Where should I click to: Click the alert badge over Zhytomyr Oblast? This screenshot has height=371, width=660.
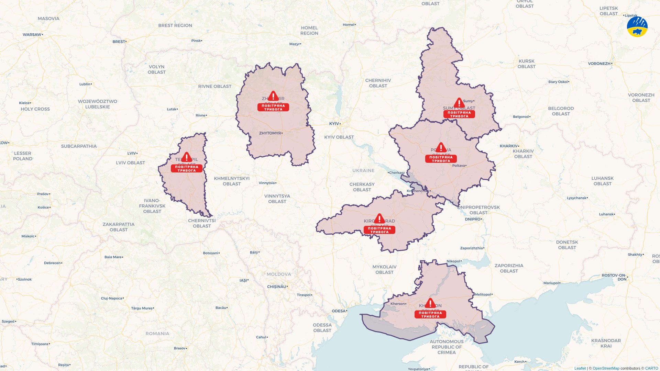coord(273,108)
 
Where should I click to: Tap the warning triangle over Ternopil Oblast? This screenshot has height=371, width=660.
coord(187,157)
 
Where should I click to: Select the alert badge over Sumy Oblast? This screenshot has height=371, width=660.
coord(459,114)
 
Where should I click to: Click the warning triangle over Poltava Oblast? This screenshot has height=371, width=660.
coord(441,148)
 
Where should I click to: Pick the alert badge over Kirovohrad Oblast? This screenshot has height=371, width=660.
coord(379,230)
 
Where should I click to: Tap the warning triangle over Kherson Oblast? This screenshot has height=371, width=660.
coord(430,303)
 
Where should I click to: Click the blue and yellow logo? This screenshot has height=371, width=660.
coord(637,26)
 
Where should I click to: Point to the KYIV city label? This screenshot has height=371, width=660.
coord(334,124)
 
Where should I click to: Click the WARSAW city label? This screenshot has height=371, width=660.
coord(32,35)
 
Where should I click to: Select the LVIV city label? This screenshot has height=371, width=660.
coord(132,153)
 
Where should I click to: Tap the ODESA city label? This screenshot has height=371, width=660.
coord(339,311)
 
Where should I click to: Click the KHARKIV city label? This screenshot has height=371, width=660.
coord(509,146)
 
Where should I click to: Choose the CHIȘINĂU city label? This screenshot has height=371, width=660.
coord(277,286)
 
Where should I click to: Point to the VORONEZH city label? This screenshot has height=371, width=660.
coord(599,64)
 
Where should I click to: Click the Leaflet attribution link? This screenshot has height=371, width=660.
coord(580,368)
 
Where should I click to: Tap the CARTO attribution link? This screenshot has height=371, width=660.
coord(651,368)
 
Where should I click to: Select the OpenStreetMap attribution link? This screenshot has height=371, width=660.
coord(606,368)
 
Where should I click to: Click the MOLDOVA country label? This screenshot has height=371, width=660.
coord(279,274)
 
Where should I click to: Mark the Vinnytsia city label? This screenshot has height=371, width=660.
coord(267,183)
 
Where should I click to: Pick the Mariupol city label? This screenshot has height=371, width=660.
coord(551,283)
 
